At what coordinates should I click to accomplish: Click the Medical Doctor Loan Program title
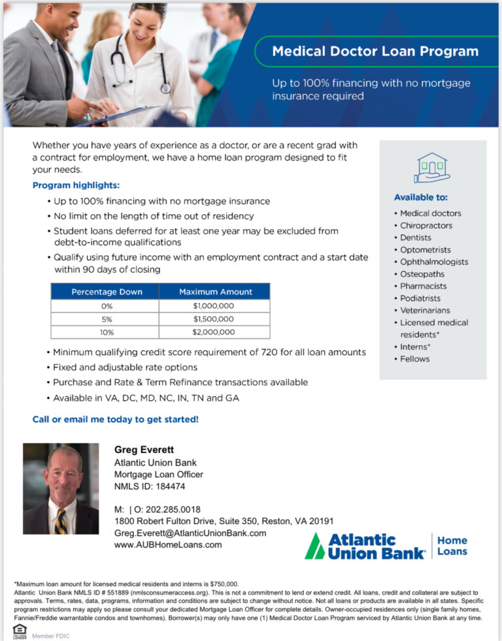tap(375, 51)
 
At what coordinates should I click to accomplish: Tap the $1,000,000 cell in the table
tap(214, 305)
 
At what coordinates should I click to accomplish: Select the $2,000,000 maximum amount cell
tap(214, 332)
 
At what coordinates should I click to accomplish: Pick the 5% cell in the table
tap(106, 319)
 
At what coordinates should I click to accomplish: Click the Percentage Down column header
tap(106, 292)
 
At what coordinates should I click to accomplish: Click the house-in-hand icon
tap(431, 168)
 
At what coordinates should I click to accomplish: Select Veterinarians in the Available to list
tap(425, 310)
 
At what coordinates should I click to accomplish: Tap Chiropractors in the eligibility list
tap(426, 225)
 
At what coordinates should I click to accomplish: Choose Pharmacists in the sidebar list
tap(424, 286)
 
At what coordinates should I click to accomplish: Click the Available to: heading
tap(420, 197)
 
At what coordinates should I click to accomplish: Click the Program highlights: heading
tap(76, 185)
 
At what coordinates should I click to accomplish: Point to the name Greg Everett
tap(144, 450)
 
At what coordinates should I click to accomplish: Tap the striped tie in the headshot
tap(61, 521)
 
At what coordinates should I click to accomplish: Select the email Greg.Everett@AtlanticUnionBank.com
tap(190, 533)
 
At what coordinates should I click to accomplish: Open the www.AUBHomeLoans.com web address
tap(168, 544)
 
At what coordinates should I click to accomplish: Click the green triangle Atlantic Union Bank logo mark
tap(315, 546)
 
